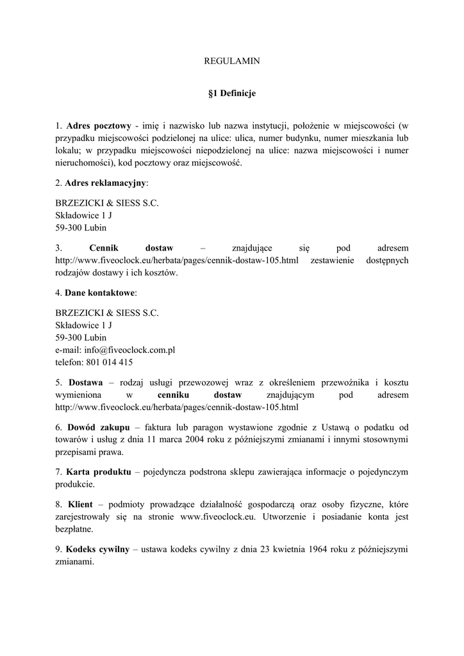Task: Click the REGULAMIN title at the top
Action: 231,61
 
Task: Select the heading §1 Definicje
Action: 232,94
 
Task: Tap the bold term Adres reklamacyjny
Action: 106,183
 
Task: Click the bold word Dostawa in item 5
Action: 85,382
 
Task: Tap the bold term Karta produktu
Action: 98,472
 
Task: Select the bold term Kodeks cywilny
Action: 97,550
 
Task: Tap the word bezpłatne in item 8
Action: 74,529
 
